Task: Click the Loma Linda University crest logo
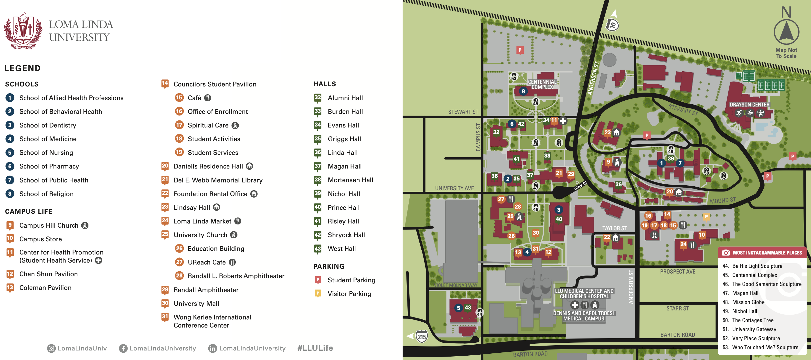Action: click(x=23, y=31)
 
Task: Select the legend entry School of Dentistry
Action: click(x=48, y=125)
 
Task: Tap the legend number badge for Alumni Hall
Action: click(x=317, y=97)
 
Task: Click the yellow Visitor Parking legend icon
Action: click(x=318, y=293)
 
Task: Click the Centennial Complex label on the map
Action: click(x=542, y=84)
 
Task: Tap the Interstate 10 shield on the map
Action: click(x=612, y=25)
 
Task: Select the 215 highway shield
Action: click(x=422, y=336)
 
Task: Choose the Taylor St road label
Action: click(x=614, y=228)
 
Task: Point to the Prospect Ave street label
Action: click(x=678, y=271)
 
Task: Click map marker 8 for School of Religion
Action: click(x=523, y=91)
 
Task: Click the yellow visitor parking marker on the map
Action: click(x=706, y=216)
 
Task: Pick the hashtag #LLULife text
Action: click(x=315, y=348)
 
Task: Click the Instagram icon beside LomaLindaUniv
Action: click(x=51, y=348)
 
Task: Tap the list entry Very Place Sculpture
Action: click(x=756, y=338)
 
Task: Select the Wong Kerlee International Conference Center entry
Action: click(x=212, y=321)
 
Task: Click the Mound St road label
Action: click(x=723, y=200)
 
